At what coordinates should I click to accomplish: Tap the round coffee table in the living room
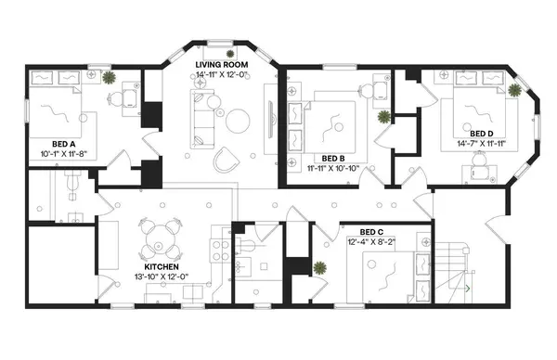[240, 119]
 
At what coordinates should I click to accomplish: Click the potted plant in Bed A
[109, 79]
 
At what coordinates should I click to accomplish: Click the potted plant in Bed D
[513, 88]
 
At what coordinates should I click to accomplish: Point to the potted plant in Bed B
[382, 118]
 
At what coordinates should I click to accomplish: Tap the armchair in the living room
[225, 161]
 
